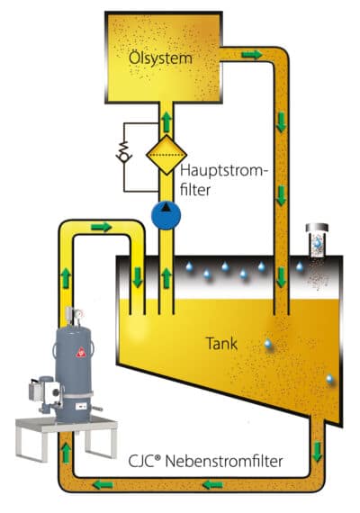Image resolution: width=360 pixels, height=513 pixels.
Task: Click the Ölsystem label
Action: click(160, 58)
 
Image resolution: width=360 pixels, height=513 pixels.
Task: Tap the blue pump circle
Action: click(166, 215)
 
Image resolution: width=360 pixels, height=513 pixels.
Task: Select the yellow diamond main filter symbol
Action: click(166, 155)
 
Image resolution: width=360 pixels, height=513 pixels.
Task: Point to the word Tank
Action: click(221, 344)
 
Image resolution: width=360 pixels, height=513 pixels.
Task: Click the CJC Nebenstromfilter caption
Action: click(205, 462)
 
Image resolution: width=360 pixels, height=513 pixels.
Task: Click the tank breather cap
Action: click(317, 228)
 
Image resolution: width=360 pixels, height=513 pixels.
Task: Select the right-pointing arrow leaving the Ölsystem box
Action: click(252, 55)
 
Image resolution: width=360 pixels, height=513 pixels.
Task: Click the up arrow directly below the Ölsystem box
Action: click(166, 121)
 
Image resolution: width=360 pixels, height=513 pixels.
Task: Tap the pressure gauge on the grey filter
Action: click(78, 314)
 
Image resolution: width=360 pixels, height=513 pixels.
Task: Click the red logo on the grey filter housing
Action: click(80, 354)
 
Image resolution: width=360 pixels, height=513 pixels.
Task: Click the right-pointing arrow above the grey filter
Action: click(102, 227)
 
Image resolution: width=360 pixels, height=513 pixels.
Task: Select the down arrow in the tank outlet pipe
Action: click(317, 452)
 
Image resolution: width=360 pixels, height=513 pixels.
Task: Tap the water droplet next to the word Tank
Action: click(268, 344)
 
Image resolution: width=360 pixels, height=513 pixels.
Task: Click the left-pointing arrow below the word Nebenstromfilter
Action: click(213, 484)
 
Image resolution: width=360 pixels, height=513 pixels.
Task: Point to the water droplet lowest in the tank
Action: click(329, 380)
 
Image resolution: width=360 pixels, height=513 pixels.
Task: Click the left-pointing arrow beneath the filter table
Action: click(103, 484)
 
